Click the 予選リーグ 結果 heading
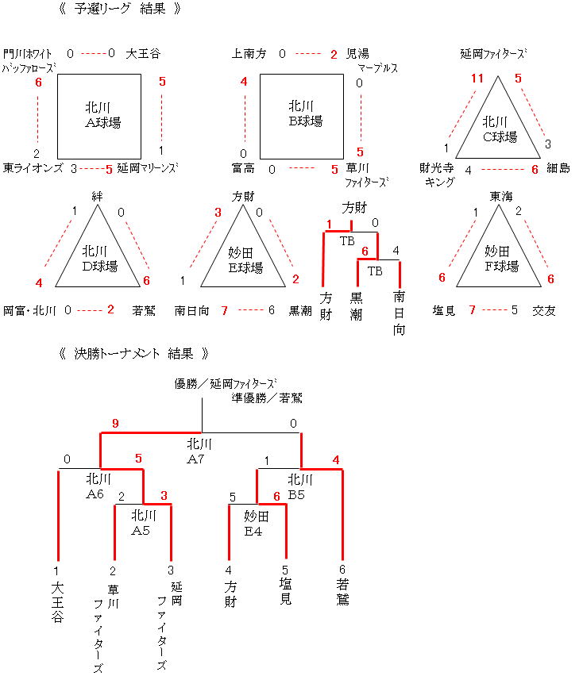120,10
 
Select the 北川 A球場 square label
102,114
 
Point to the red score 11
477,78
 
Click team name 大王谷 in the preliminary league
143,54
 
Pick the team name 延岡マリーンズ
148,168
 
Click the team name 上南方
249,54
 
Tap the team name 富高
243,168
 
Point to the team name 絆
98,196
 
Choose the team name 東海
500,196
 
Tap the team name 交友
543,310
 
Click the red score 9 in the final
115,424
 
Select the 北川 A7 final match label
199,450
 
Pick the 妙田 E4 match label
257,523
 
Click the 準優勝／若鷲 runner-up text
267,398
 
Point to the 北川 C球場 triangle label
500,129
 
